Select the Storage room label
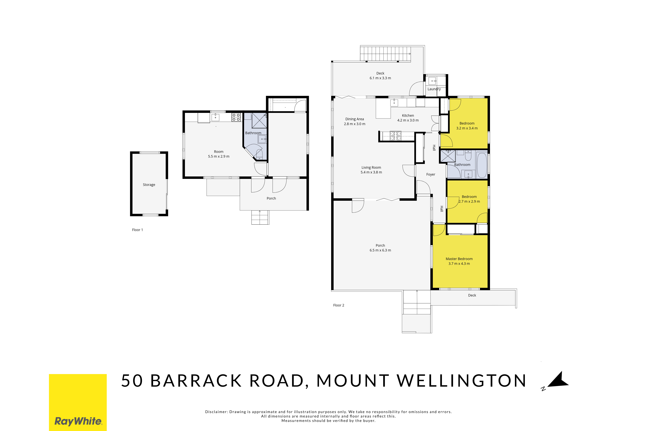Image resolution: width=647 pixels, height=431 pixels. point(149,185)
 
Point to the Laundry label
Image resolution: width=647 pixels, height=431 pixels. point(434,89)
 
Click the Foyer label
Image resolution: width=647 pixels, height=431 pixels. point(431,174)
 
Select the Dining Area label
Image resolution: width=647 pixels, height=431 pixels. point(355,119)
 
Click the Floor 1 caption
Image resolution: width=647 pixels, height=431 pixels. point(138,230)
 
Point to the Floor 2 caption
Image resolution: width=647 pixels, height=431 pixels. point(339,305)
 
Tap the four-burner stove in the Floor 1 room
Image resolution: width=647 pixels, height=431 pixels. point(236,117)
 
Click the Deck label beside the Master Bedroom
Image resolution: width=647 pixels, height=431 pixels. point(472,295)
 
